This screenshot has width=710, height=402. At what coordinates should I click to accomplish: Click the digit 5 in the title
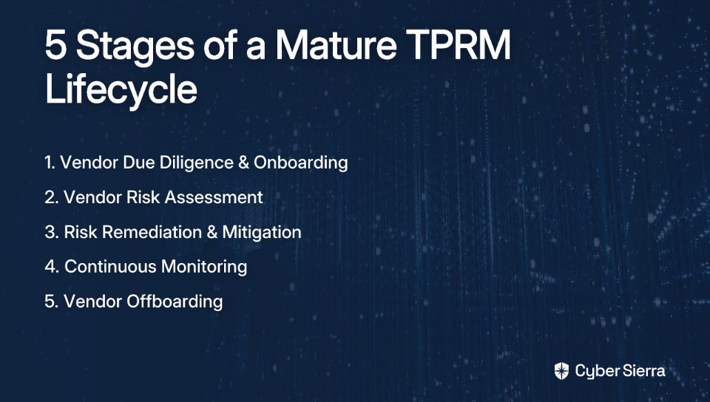pyautogui.click(x=55, y=45)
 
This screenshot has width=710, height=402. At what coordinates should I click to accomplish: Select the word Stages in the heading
pyautogui.click(x=135, y=48)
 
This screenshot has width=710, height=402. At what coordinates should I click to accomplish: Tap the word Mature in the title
pyautogui.click(x=336, y=45)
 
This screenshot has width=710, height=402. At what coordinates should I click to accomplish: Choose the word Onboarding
pyautogui.click(x=301, y=163)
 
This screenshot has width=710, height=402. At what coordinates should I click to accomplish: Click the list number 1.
pyautogui.click(x=50, y=163)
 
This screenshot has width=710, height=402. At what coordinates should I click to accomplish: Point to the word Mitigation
pyautogui.click(x=262, y=233)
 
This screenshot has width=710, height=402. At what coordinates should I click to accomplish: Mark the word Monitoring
pyautogui.click(x=204, y=268)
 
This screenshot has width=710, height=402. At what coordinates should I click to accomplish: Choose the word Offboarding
pyautogui.click(x=175, y=302)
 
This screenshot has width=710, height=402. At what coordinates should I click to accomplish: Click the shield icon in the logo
pyautogui.click(x=561, y=371)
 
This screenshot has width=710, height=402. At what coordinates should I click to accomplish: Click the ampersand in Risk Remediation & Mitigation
pyautogui.click(x=212, y=232)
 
